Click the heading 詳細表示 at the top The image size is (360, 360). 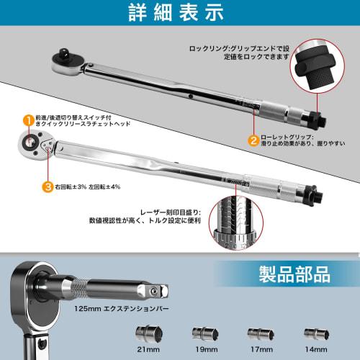pos(179,14)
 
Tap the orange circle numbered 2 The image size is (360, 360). pos(253,140)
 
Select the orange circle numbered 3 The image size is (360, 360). pos(27,187)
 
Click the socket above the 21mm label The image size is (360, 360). pos(148,333)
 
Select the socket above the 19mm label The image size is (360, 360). pos(204,333)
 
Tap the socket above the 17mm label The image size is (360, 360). pos(259,333)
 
